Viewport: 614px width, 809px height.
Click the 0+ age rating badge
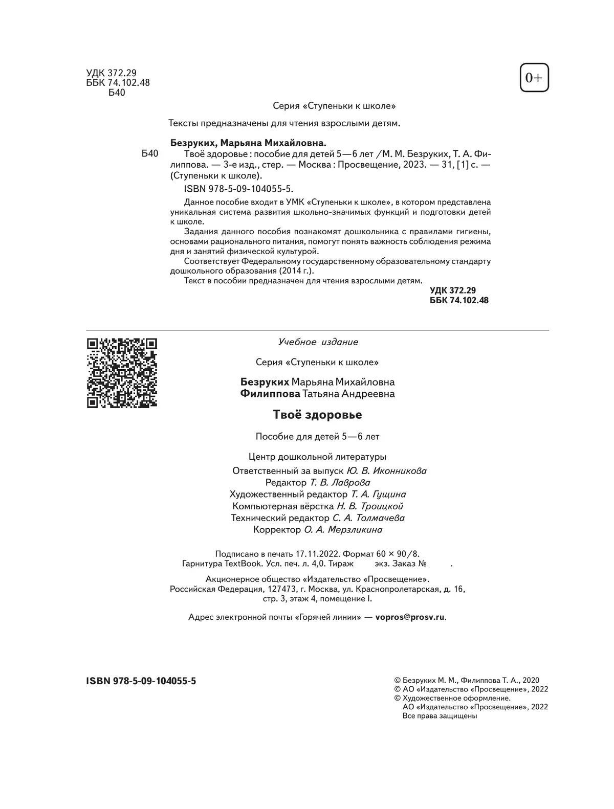tap(534, 78)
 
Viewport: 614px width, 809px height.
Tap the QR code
tap(122, 373)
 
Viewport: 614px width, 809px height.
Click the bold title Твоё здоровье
tap(317, 415)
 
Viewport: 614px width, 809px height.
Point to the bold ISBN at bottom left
tap(141, 681)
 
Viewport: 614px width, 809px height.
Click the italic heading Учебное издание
tap(318, 342)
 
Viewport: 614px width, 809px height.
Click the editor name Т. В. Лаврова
tap(340, 483)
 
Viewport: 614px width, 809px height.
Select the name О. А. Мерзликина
tap(343, 530)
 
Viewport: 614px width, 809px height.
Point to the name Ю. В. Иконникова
tap(386, 471)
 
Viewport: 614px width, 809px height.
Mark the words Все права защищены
tap(440, 716)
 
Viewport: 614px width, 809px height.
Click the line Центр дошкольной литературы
tap(317, 457)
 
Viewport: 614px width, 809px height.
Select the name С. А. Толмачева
tap(365, 518)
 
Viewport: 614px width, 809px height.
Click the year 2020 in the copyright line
tap(531, 681)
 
